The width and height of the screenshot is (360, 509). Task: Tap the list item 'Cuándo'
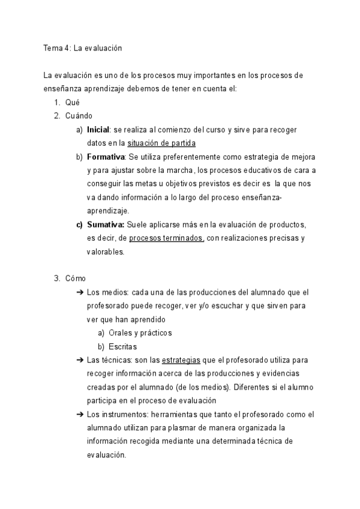point(79,116)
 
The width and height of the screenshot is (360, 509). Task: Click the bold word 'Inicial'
point(99,130)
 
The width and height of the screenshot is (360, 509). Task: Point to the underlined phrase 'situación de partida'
point(161,143)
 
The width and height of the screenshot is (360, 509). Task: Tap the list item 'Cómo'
point(76,279)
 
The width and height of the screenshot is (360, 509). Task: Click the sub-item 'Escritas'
point(123,346)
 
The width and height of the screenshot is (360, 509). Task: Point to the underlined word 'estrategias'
point(181,360)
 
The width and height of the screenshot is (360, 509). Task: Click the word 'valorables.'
point(106,252)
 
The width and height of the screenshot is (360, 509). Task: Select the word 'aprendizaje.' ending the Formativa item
point(108,211)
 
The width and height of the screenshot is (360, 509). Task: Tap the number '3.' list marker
point(57,279)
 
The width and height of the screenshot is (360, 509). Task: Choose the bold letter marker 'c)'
point(79,224)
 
